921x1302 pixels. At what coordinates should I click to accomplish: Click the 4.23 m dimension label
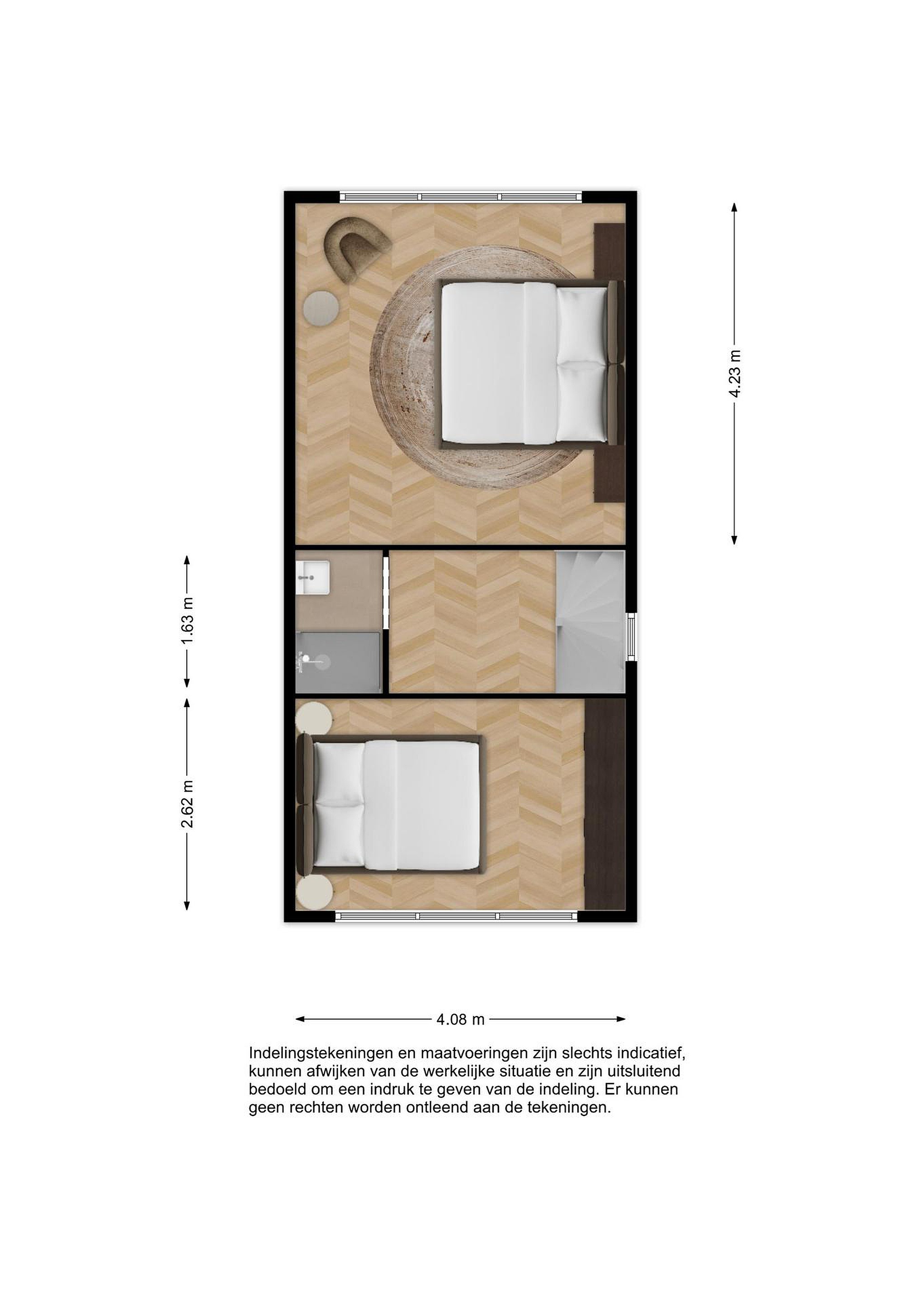point(735,373)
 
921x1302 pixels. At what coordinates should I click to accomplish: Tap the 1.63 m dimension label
point(188,620)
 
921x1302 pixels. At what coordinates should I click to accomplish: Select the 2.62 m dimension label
point(188,803)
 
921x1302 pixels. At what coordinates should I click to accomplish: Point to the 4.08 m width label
point(460,1019)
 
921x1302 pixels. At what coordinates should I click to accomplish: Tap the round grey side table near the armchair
point(321,308)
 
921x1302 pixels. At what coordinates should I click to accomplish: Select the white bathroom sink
point(312,577)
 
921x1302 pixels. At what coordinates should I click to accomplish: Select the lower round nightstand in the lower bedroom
point(314,892)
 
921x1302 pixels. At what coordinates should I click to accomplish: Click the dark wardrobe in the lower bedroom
point(605,804)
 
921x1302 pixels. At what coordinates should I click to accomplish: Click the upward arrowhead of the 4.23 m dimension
point(734,207)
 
